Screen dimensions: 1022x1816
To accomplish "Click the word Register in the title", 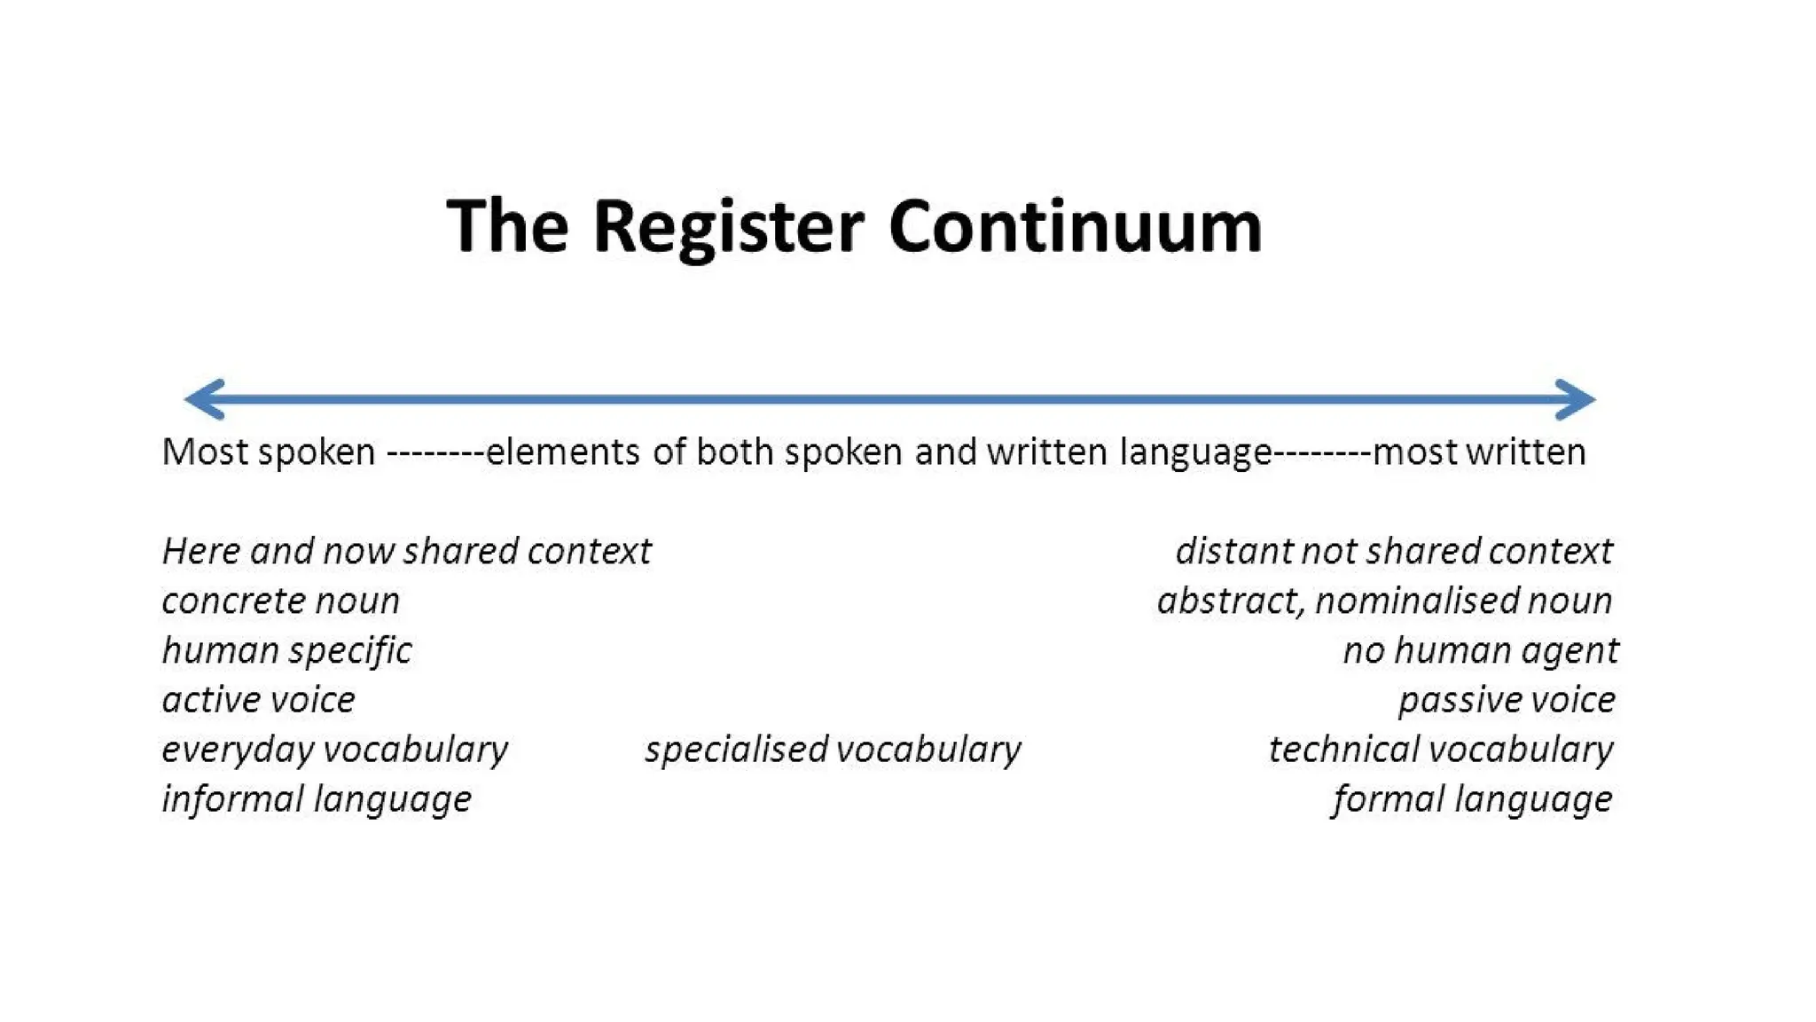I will [x=727, y=227].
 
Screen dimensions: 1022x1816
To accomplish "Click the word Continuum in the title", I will [x=1075, y=227].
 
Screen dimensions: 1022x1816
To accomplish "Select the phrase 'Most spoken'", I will [x=269, y=452].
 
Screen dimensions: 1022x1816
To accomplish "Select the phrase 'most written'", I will [x=1479, y=452].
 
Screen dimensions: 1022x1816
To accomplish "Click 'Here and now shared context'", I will [x=406, y=551].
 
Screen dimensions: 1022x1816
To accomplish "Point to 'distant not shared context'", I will [x=1394, y=551].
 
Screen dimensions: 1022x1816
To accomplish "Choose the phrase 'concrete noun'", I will [x=280, y=601].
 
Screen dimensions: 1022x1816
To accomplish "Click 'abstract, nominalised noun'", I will [x=1384, y=601].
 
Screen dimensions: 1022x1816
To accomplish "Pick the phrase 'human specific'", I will [x=286, y=650].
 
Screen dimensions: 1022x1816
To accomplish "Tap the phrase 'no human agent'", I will [x=1481, y=650].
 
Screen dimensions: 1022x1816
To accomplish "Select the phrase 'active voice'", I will [x=258, y=700].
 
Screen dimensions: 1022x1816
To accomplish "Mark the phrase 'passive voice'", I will [x=1507, y=700].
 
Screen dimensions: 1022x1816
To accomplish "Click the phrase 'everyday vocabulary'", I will [x=334, y=750].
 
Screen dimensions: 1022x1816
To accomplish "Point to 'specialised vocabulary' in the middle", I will [x=833, y=750].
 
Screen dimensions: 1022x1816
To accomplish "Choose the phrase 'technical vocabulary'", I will [x=1441, y=750].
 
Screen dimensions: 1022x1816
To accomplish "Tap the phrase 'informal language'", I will [x=317, y=799].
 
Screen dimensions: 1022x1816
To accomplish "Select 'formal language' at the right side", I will [x=1472, y=799].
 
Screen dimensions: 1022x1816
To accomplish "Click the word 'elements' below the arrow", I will [x=562, y=452].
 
